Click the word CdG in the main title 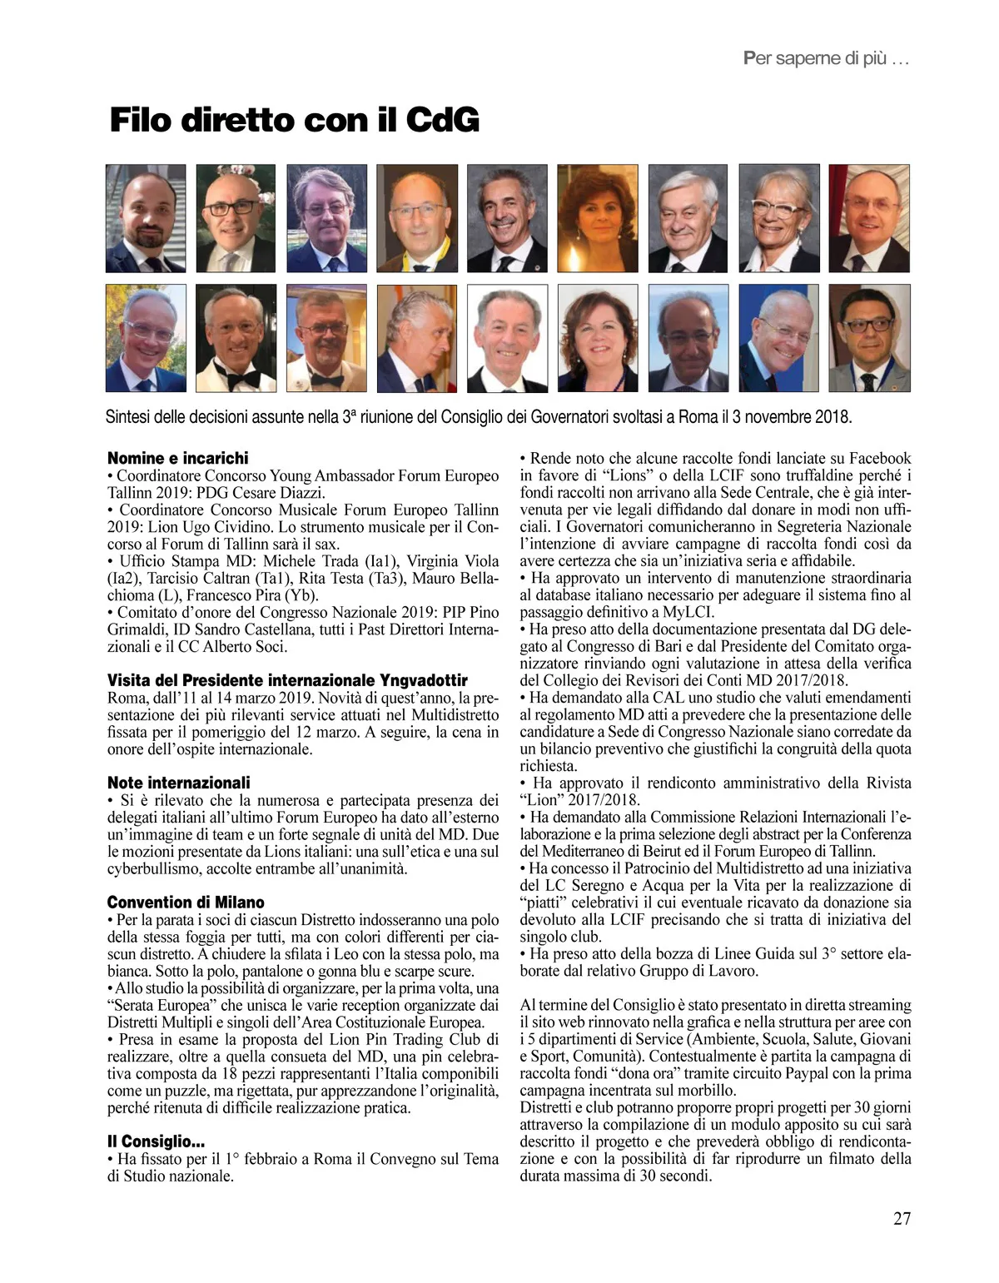(442, 121)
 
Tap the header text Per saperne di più (825, 58)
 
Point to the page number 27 (902, 1219)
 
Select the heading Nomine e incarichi (177, 458)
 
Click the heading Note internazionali (178, 783)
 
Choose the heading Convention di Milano (186, 903)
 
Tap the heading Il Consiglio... (156, 1141)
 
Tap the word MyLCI (688, 612)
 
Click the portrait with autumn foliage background (146, 338)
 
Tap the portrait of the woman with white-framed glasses (779, 218)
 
